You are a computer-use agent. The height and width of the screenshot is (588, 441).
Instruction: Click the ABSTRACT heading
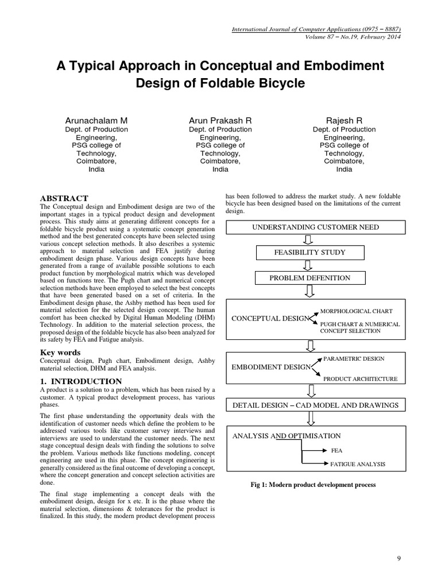coord(64,198)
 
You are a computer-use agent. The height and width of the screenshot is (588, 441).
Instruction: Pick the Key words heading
coord(60,352)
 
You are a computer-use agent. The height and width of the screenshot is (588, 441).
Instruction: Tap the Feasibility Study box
coord(310,253)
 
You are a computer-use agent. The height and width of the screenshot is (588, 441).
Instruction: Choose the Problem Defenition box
coord(310,278)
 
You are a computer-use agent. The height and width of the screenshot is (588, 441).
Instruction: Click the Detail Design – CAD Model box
coord(315,405)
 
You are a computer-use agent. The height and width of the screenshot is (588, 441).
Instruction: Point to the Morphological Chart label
coord(356,311)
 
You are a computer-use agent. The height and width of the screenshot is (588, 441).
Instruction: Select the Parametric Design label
coord(354,359)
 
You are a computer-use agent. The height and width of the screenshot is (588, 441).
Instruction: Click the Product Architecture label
coord(360,379)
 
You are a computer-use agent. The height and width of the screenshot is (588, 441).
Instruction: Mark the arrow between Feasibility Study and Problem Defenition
coord(309,265)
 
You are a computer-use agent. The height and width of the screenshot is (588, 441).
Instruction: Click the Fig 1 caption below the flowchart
coord(315,485)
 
